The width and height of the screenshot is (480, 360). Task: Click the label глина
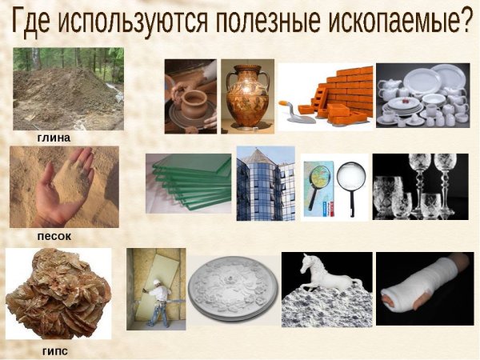tap(54, 138)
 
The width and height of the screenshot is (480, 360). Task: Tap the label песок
tap(54, 236)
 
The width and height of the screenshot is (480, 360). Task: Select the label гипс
tap(54, 351)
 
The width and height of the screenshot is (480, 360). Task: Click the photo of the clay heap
tap(68, 89)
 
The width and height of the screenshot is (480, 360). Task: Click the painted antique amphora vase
tap(246, 96)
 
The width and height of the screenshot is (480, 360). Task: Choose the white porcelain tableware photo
tap(422, 96)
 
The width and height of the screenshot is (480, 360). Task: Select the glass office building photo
tap(266, 184)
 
